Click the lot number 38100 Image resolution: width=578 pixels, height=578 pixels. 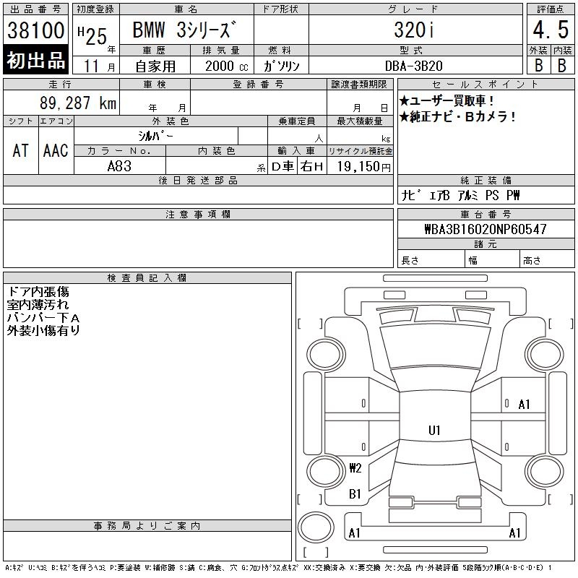point(35,30)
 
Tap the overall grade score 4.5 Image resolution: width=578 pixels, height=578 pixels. point(551,30)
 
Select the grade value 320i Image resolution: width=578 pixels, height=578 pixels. point(413,30)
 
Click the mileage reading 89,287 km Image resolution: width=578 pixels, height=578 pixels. point(78,103)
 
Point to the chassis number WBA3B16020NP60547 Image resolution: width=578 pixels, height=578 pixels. point(486,229)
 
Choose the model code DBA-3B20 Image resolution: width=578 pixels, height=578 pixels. point(413,66)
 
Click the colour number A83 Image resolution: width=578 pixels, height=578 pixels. point(119,166)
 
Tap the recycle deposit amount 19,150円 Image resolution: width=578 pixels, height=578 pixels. point(363,167)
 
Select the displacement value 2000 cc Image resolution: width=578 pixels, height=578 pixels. point(227,66)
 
